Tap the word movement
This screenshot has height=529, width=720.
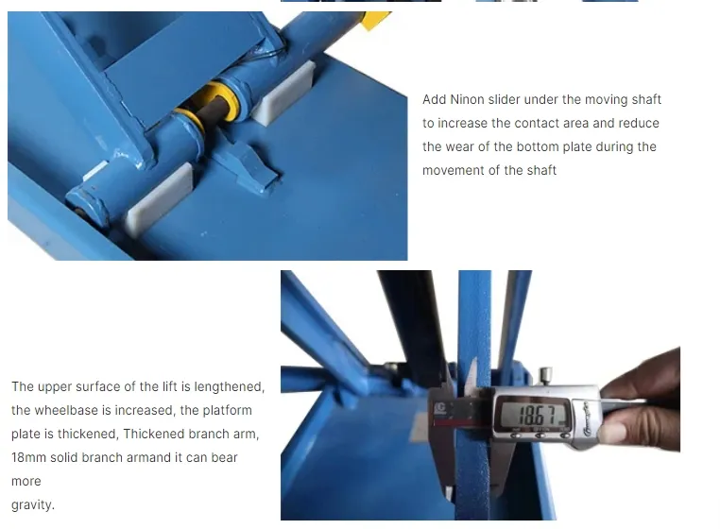click(x=452, y=170)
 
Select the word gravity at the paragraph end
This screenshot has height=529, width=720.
click(x=33, y=504)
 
